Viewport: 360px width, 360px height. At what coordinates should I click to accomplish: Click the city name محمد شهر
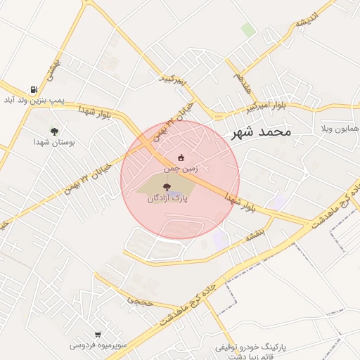point(260,131)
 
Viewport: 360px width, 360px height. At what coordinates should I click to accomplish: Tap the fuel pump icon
point(34,90)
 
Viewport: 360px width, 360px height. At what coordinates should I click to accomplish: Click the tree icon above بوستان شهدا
point(54,131)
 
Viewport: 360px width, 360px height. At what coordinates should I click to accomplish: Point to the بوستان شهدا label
point(54,142)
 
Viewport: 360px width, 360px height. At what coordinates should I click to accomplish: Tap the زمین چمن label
point(181,169)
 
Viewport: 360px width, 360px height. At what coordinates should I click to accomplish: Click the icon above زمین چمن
point(181,157)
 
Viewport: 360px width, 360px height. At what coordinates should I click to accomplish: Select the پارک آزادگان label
point(167,198)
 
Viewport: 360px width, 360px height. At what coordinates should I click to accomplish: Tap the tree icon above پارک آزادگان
point(167,187)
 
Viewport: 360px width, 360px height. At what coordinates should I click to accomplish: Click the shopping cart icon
point(98,335)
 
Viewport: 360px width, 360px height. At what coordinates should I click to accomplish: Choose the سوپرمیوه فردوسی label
point(98,345)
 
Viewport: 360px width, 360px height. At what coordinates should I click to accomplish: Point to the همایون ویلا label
point(340,130)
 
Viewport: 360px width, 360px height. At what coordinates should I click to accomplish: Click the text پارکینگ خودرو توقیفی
point(251,348)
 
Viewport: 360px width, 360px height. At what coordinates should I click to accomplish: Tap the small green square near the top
point(247,30)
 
